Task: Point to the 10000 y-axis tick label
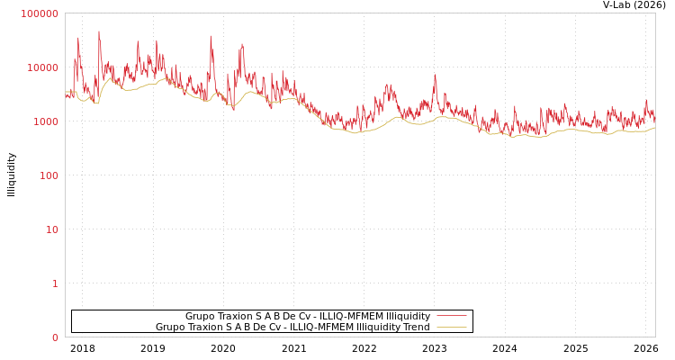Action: click(41, 67)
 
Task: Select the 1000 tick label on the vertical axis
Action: click(44, 121)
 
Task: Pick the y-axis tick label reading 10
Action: click(50, 229)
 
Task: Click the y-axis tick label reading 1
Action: click(54, 283)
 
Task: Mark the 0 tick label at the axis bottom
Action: click(54, 337)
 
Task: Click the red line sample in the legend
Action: click(451, 316)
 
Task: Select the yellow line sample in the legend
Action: click(451, 327)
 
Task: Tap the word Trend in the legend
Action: click(415, 327)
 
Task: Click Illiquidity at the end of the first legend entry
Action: click(408, 316)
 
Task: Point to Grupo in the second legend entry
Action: click(171, 327)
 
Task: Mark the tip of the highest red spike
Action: click(99, 31)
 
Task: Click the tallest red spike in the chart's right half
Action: click(435, 75)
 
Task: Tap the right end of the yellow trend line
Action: click(655, 127)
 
